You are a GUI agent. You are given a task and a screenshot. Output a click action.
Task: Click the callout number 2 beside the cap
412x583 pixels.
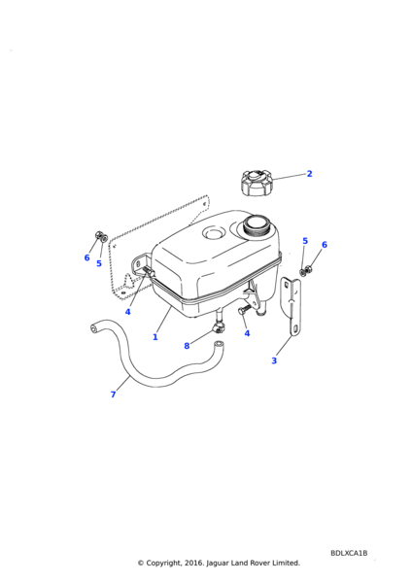[309, 174]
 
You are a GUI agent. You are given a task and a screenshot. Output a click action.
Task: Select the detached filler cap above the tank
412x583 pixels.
[257, 183]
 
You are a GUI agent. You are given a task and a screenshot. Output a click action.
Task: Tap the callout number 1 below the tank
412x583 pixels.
[155, 337]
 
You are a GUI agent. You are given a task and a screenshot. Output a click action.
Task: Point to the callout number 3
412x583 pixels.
[274, 360]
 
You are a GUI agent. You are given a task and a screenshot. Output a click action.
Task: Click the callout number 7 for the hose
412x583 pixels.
[113, 394]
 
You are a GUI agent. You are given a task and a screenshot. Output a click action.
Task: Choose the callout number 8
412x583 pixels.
[187, 346]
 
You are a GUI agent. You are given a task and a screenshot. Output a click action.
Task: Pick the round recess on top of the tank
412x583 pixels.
[214, 233]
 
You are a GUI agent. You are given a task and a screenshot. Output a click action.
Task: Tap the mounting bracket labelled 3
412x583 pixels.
[292, 306]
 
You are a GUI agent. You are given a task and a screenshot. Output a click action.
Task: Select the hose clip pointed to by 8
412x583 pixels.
[219, 327]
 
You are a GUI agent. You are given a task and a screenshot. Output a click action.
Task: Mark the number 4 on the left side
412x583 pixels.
[127, 312]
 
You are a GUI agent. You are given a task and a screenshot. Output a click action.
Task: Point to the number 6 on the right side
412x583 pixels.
[325, 245]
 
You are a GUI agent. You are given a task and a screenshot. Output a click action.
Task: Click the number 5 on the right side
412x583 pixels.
[305, 241]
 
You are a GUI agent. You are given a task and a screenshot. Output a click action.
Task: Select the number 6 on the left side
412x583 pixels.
[86, 257]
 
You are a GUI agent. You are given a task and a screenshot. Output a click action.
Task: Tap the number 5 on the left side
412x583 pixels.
[99, 263]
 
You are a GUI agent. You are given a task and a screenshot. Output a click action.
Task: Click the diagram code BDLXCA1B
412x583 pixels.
[349, 553]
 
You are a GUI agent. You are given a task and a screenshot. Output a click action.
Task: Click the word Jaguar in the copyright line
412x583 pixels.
[217, 563]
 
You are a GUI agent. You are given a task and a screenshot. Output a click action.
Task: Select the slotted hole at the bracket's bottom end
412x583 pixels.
[295, 329]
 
